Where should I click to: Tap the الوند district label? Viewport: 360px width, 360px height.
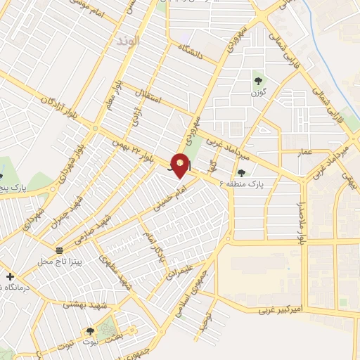point(129,41)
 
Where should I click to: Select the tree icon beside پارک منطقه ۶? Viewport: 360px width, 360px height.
point(241,173)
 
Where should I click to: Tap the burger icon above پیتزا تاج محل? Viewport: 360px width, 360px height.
point(60,250)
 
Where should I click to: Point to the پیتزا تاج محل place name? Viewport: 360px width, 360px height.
point(60,262)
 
